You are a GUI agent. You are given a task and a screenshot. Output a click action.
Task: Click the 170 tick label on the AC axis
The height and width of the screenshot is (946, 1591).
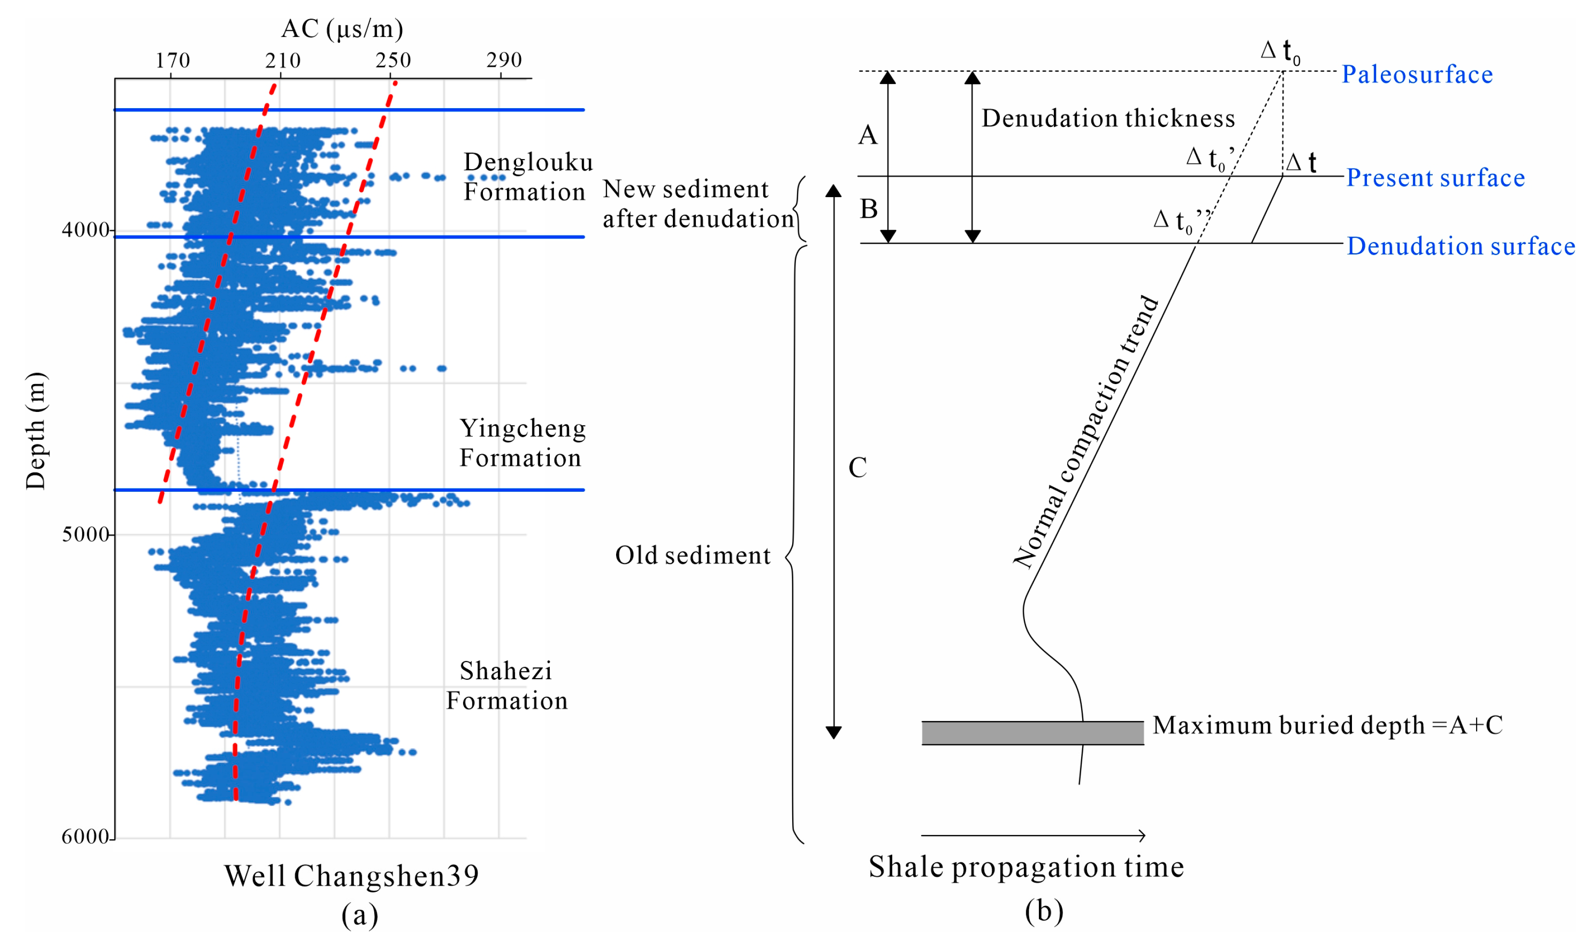[x=172, y=61]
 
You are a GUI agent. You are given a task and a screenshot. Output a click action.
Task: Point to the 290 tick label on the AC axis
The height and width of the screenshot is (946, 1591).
[x=504, y=61]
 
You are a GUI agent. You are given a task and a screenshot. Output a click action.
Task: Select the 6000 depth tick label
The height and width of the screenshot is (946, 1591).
[x=86, y=836]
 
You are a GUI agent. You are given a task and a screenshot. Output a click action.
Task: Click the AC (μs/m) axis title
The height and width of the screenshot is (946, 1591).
[x=342, y=29]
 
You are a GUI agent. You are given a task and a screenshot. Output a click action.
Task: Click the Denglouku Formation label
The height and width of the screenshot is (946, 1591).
[x=527, y=176]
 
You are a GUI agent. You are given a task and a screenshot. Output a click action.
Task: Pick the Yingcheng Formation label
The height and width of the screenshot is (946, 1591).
[x=522, y=443]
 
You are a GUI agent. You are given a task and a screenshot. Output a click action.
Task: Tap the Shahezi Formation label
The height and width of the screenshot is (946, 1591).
[x=506, y=685]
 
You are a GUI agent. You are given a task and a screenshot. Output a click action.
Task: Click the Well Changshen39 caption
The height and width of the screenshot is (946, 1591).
[x=352, y=876]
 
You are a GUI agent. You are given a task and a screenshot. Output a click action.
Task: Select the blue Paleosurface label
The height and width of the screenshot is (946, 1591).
[x=1417, y=75]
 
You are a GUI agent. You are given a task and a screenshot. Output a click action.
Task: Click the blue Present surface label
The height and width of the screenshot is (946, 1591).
[x=1435, y=178]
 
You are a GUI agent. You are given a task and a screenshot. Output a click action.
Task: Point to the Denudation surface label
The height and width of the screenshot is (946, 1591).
[x=1460, y=246]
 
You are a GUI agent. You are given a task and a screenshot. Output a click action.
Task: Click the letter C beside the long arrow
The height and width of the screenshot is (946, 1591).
[x=857, y=468]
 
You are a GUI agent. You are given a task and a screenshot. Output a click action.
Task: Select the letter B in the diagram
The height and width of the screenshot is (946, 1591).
[x=869, y=209]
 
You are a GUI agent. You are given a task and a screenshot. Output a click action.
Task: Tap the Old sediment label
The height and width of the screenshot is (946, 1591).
[x=693, y=555]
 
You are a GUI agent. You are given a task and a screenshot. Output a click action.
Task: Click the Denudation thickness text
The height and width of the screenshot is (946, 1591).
[x=1108, y=119]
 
